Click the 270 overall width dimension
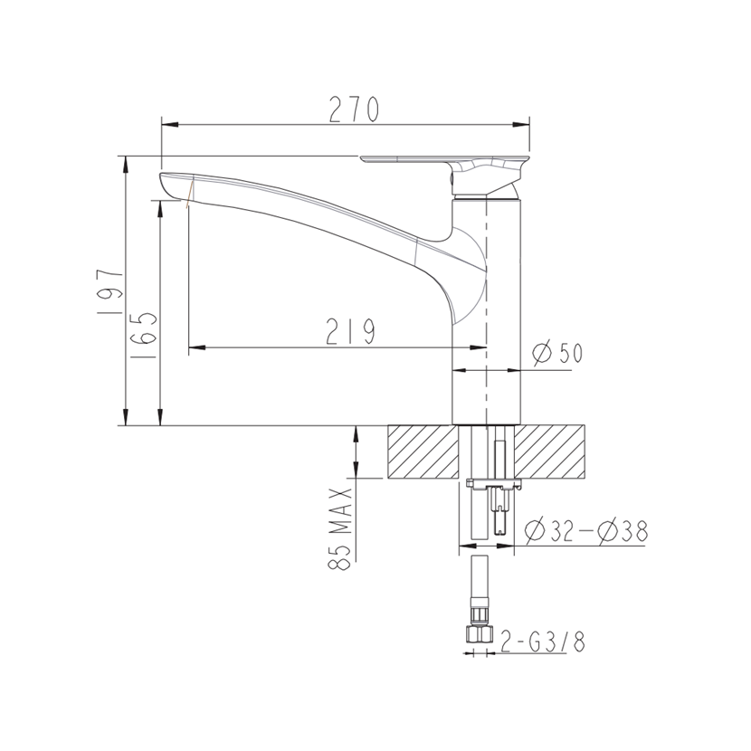pyautogui.click(x=354, y=109)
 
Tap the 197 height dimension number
pyautogui.click(x=109, y=291)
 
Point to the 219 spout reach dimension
pyautogui.click(x=350, y=331)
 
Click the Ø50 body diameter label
pyautogui.click(x=557, y=353)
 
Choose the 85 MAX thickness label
pyautogui.click(x=340, y=528)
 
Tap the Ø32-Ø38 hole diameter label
pyautogui.click(x=586, y=531)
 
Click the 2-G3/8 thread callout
pyautogui.click(x=542, y=642)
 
